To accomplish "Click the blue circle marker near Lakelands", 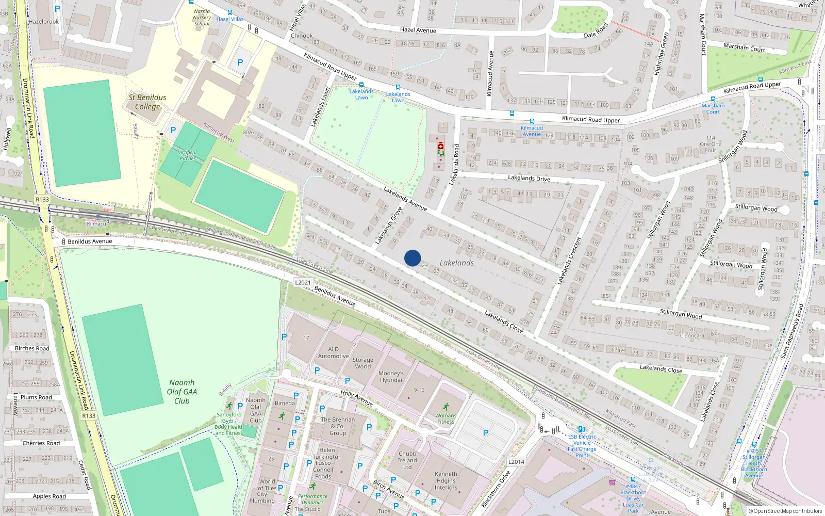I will click(412, 258).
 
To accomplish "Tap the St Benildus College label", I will click(147, 102).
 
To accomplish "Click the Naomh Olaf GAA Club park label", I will click(182, 392).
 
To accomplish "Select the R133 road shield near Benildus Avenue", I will click(42, 199).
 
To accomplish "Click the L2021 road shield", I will click(303, 282).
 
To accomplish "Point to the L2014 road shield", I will click(516, 462).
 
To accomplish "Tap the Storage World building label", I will click(362, 363).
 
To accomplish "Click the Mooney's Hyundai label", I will click(391, 377).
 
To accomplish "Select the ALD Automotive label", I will click(333, 352).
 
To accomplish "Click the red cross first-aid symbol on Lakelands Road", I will click(441, 146).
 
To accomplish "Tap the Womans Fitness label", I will click(445, 418).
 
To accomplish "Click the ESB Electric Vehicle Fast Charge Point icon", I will click(581, 429).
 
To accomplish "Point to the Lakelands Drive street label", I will click(529, 178).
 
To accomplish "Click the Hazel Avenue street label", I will click(418, 30).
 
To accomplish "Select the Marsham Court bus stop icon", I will click(713, 99).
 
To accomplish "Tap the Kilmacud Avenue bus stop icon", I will click(532, 121).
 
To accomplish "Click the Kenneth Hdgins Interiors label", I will click(445, 480).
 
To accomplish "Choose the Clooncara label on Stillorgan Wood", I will click(691, 335).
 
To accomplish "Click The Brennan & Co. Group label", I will click(338, 426).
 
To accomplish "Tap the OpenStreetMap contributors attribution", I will click(785, 511).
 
